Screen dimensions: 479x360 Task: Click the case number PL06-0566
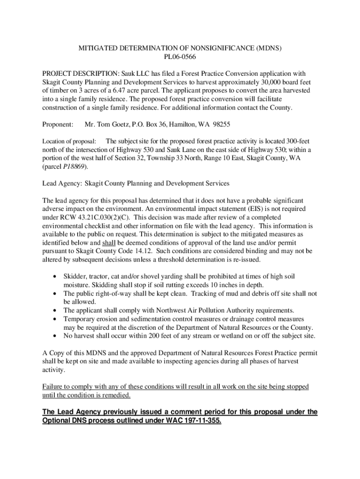pyautogui.click(x=180, y=58)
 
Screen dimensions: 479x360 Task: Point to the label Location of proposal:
pyautogui.click(x=69, y=141)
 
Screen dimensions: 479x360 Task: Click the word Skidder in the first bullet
pyautogui.click(x=75, y=276)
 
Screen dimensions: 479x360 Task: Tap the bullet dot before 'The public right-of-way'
pyautogui.click(x=56, y=293)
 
